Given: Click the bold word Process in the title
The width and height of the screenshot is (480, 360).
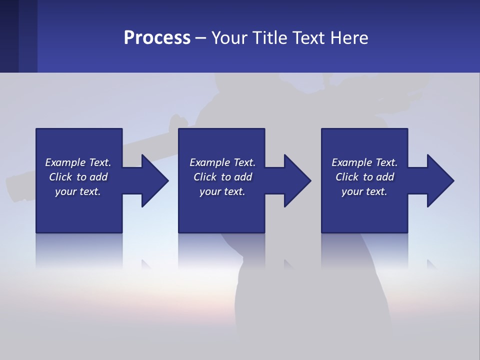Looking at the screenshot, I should pyautogui.click(x=157, y=37).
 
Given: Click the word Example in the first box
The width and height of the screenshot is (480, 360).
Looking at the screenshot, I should pyautogui.click(x=65, y=162).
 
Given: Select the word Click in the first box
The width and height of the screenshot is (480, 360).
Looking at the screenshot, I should pyautogui.click(x=61, y=177).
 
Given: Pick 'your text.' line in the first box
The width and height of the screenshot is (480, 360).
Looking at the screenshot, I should pyautogui.click(x=78, y=191).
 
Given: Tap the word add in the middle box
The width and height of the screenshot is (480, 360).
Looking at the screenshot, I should pyautogui.click(x=243, y=177).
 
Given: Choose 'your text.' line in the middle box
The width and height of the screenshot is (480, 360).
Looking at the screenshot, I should pyautogui.click(x=222, y=191).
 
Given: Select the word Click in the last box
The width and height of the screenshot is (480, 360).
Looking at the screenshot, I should pyautogui.click(x=347, y=177).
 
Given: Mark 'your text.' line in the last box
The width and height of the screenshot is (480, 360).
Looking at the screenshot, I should pyautogui.click(x=364, y=191).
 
